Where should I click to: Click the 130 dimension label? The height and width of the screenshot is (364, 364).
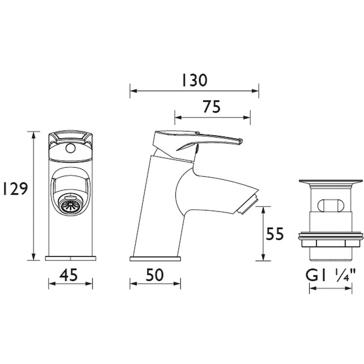click(194, 80)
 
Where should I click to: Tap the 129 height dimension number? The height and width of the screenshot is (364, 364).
click(14, 188)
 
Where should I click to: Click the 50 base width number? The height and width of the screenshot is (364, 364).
click(155, 274)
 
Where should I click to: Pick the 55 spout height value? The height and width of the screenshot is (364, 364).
click(275, 234)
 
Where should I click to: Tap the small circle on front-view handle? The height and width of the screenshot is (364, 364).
click(70, 148)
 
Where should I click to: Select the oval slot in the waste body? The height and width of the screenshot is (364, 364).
click(331, 205)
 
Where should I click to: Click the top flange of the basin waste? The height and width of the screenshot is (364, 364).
click(331, 182)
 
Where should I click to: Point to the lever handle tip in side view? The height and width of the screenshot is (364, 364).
click(238, 141)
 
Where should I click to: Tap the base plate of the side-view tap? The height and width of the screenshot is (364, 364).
click(155, 259)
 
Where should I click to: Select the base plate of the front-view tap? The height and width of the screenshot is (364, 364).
click(71, 258)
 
